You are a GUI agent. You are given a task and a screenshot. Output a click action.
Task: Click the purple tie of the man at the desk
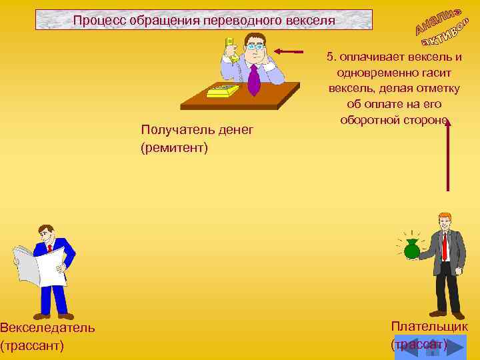pyautogui.click(x=254, y=79)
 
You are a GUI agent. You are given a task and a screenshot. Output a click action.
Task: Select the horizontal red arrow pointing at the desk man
pyautogui.click(x=288, y=51)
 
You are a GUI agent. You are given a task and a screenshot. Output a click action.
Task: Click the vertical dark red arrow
pyautogui.click(x=448, y=157)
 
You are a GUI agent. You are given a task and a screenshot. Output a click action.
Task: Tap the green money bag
pyautogui.click(x=412, y=249)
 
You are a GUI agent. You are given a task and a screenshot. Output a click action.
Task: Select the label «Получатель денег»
pyautogui.click(x=197, y=130)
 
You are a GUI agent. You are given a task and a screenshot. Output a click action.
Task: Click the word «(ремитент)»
pyautogui.click(x=175, y=147)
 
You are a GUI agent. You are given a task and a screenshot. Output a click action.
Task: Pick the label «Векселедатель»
pyautogui.click(x=47, y=327)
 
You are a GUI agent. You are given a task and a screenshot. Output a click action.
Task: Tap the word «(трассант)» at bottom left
pyautogui.click(x=32, y=345)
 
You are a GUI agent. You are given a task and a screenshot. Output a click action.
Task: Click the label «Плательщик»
pyautogui.click(x=429, y=327)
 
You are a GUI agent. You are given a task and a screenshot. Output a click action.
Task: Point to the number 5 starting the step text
pyautogui.click(x=330, y=57)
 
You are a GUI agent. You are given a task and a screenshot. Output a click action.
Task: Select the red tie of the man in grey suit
pyautogui.click(x=445, y=245)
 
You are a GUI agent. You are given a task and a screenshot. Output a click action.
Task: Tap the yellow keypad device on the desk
pyautogui.click(x=223, y=90)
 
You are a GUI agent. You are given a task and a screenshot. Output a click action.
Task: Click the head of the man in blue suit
pyautogui.click(x=47, y=234)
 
